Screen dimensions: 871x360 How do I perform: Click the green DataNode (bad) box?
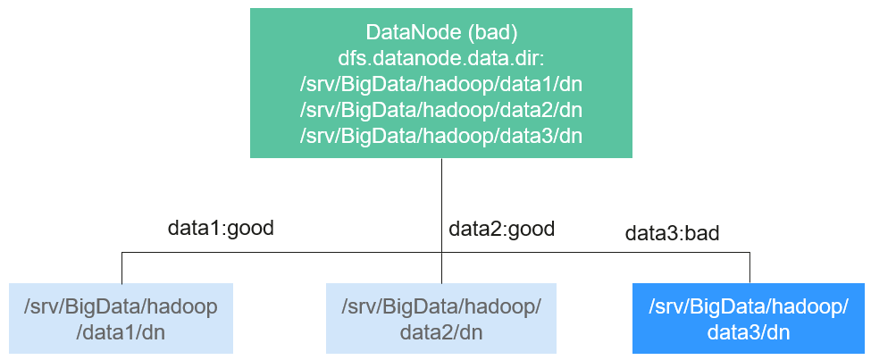tap(441, 83)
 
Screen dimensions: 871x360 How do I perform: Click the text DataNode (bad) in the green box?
tap(441, 33)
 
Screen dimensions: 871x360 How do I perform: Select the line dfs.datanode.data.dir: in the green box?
tap(441, 58)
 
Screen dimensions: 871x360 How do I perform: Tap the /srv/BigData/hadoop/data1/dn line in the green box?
tap(441, 85)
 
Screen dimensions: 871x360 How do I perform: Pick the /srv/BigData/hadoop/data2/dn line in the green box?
tap(441, 110)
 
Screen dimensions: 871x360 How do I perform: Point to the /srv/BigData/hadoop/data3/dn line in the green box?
tap(441, 136)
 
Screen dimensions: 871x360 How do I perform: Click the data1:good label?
tap(221, 229)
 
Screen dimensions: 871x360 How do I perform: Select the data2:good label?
tap(501, 229)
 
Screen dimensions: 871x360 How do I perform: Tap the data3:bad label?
tap(672, 233)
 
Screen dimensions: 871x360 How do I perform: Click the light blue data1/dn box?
tap(121, 318)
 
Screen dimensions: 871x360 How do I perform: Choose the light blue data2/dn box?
tap(441, 318)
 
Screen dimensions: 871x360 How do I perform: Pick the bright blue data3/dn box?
tap(749, 318)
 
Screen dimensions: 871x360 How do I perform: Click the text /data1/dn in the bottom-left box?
tap(121, 333)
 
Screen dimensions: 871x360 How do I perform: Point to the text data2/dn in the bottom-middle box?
tap(441, 333)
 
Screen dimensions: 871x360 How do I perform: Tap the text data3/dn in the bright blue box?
tap(749, 333)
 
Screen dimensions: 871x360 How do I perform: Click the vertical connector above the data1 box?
tap(121, 268)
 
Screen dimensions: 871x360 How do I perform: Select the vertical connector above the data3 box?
tap(750, 268)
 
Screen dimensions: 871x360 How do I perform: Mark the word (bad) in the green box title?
tap(492, 33)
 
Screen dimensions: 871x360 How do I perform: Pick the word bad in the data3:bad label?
tap(702, 233)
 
